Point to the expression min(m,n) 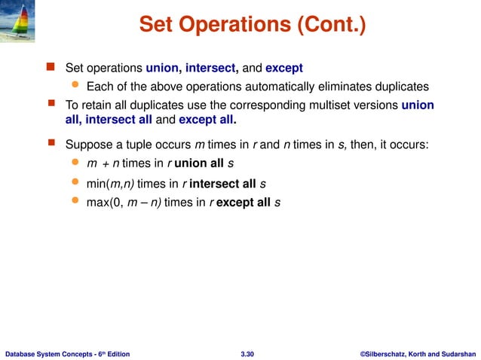coord(110,183)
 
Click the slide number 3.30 coord(247,352)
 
